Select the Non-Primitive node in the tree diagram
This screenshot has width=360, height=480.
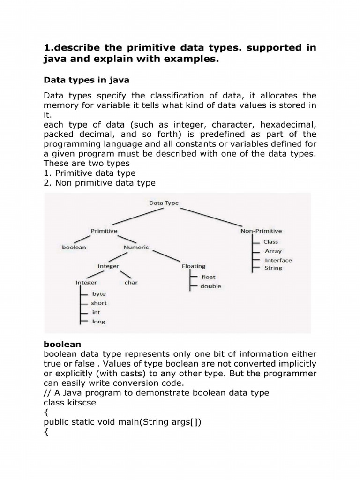[x=261, y=231]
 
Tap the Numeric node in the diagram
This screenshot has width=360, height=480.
[x=136, y=247]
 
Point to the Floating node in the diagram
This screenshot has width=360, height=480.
[x=193, y=266]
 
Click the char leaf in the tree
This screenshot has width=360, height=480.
[x=131, y=283]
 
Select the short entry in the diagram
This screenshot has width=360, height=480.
[x=99, y=303]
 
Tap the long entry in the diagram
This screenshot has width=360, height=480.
[x=98, y=322]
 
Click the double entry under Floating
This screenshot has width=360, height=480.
[x=210, y=286]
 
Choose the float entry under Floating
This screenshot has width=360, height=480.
[x=208, y=277]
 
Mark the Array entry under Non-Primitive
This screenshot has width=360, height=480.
[x=273, y=251]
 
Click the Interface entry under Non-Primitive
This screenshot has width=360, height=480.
[x=278, y=260]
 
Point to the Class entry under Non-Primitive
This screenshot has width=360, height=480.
[x=270, y=242]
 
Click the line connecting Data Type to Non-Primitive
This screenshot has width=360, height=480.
[x=212, y=217]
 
